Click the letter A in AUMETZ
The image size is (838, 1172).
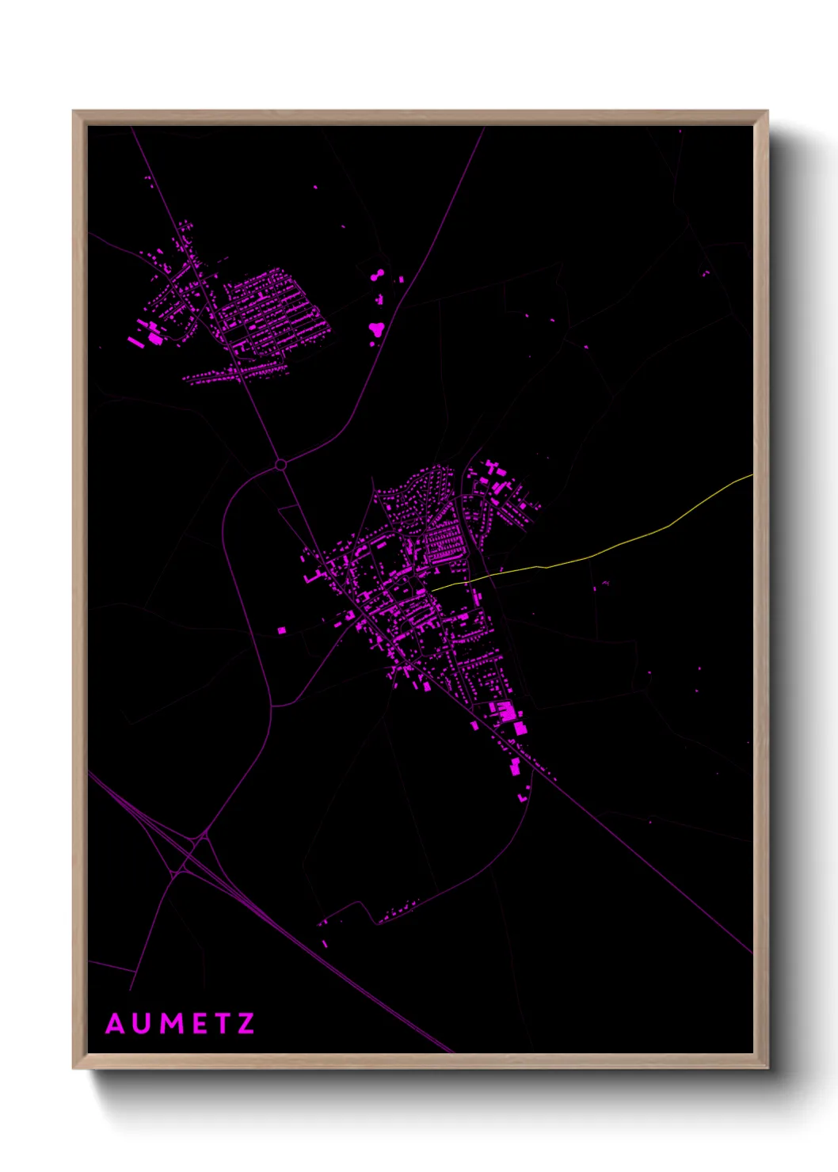116,1024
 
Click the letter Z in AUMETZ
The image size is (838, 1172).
246,1024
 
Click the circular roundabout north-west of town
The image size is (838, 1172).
280,464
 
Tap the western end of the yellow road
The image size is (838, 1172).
432,589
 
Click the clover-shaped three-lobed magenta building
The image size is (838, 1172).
376,327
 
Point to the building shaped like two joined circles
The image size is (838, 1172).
377,275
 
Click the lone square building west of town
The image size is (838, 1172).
281,630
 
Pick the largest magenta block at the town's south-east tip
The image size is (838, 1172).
520,728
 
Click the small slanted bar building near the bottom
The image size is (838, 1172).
325,944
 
